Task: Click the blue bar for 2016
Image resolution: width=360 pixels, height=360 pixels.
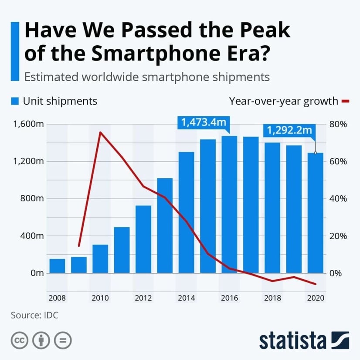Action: pyautogui.click(x=229, y=205)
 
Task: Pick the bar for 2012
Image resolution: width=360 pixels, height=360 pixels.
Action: pyautogui.click(x=143, y=239)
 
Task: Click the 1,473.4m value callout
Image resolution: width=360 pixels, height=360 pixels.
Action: pyautogui.click(x=204, y=122)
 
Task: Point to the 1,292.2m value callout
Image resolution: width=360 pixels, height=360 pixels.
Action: pyautogui.click(x=289, y=130)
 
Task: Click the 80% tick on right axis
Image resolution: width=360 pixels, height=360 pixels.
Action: pyautogui.click(x=337, y=124)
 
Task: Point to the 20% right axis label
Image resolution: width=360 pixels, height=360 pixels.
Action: pyautogui.click(x=337, y=236)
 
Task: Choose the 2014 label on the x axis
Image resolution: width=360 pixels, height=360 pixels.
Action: pyautogui.click(x=187, y=298)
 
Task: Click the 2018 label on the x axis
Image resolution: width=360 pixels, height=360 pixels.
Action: pyautogui.click(x=272, y=298)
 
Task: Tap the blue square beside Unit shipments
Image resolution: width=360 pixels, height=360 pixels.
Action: pyautogui.click(x=15, y=101)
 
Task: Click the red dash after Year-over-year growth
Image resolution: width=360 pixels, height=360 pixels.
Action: pyautogui.click(x=346, y=101)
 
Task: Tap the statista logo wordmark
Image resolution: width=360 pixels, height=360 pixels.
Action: pyautogui.click(x=292, y=340)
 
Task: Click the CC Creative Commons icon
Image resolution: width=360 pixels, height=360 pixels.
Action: pyautogui.click(x=19, y=340)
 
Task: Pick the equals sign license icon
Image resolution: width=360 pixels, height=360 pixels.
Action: pyautogui.click(x=63, y=340)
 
